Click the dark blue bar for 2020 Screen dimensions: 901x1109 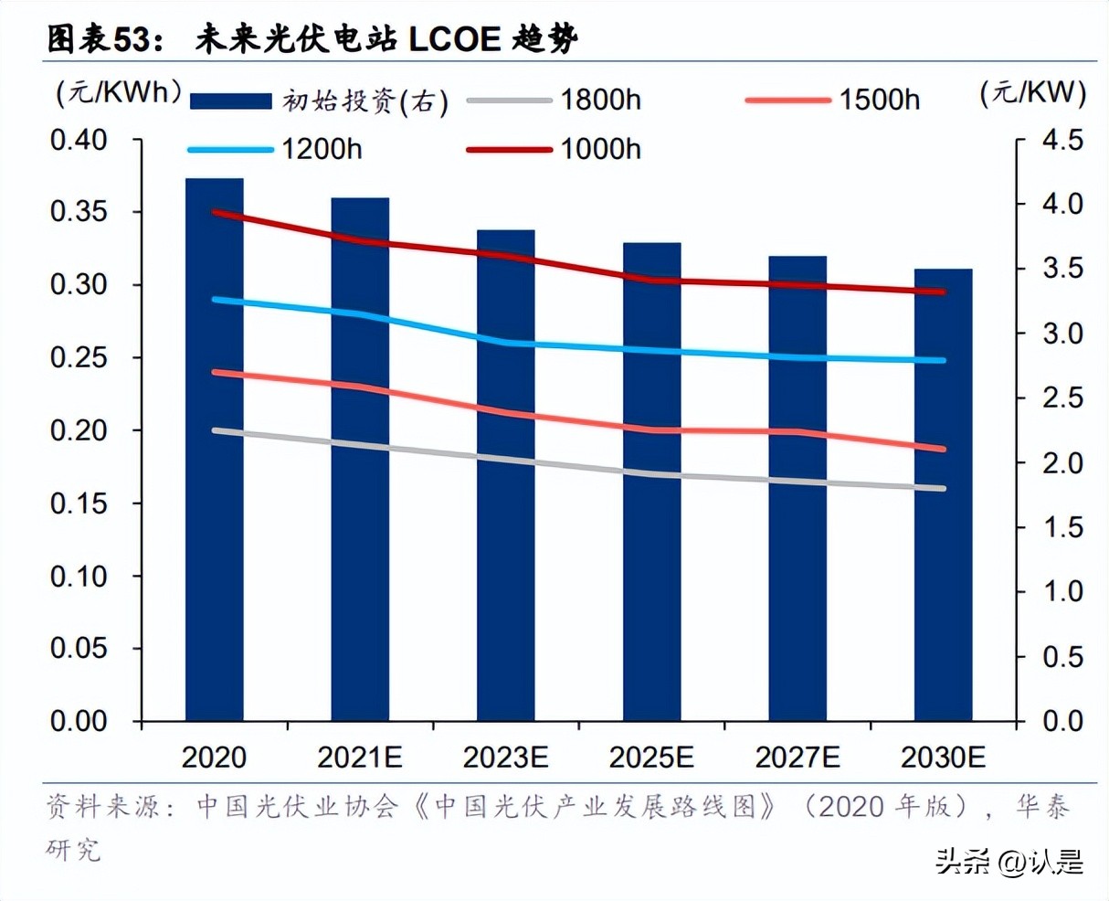(x=215, y=548)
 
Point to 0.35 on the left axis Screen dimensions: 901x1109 (x=79, y=212)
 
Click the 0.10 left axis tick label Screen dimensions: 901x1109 (x=79, y=576)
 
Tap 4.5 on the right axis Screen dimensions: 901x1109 (x=1062, y=140)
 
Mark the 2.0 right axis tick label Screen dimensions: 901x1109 (x=1062, y=463)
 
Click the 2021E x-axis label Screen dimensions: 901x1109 (x=359, y=758)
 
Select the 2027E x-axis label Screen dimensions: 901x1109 (x=797, y=758)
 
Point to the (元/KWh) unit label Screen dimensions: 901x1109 (x=119, y=92)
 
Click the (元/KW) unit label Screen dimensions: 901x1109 (x=1032, y=92)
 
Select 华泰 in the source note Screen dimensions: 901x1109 (x=1042, y=806)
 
